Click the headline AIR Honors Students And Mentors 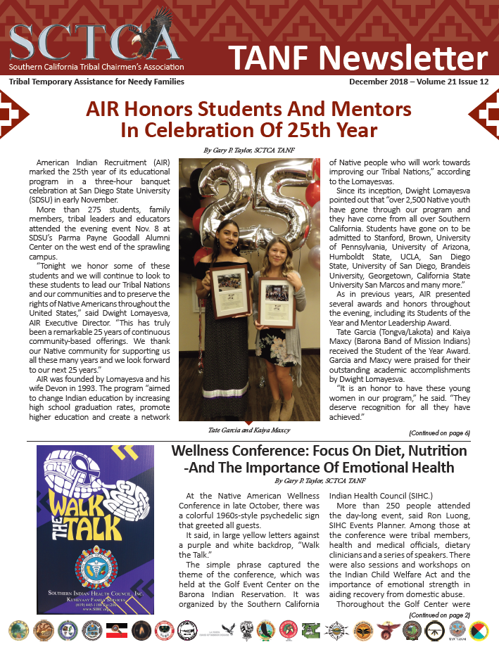[249, 110]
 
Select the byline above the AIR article [249, 150]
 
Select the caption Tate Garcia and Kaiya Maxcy [249, 430]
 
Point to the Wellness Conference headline [320, 459]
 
